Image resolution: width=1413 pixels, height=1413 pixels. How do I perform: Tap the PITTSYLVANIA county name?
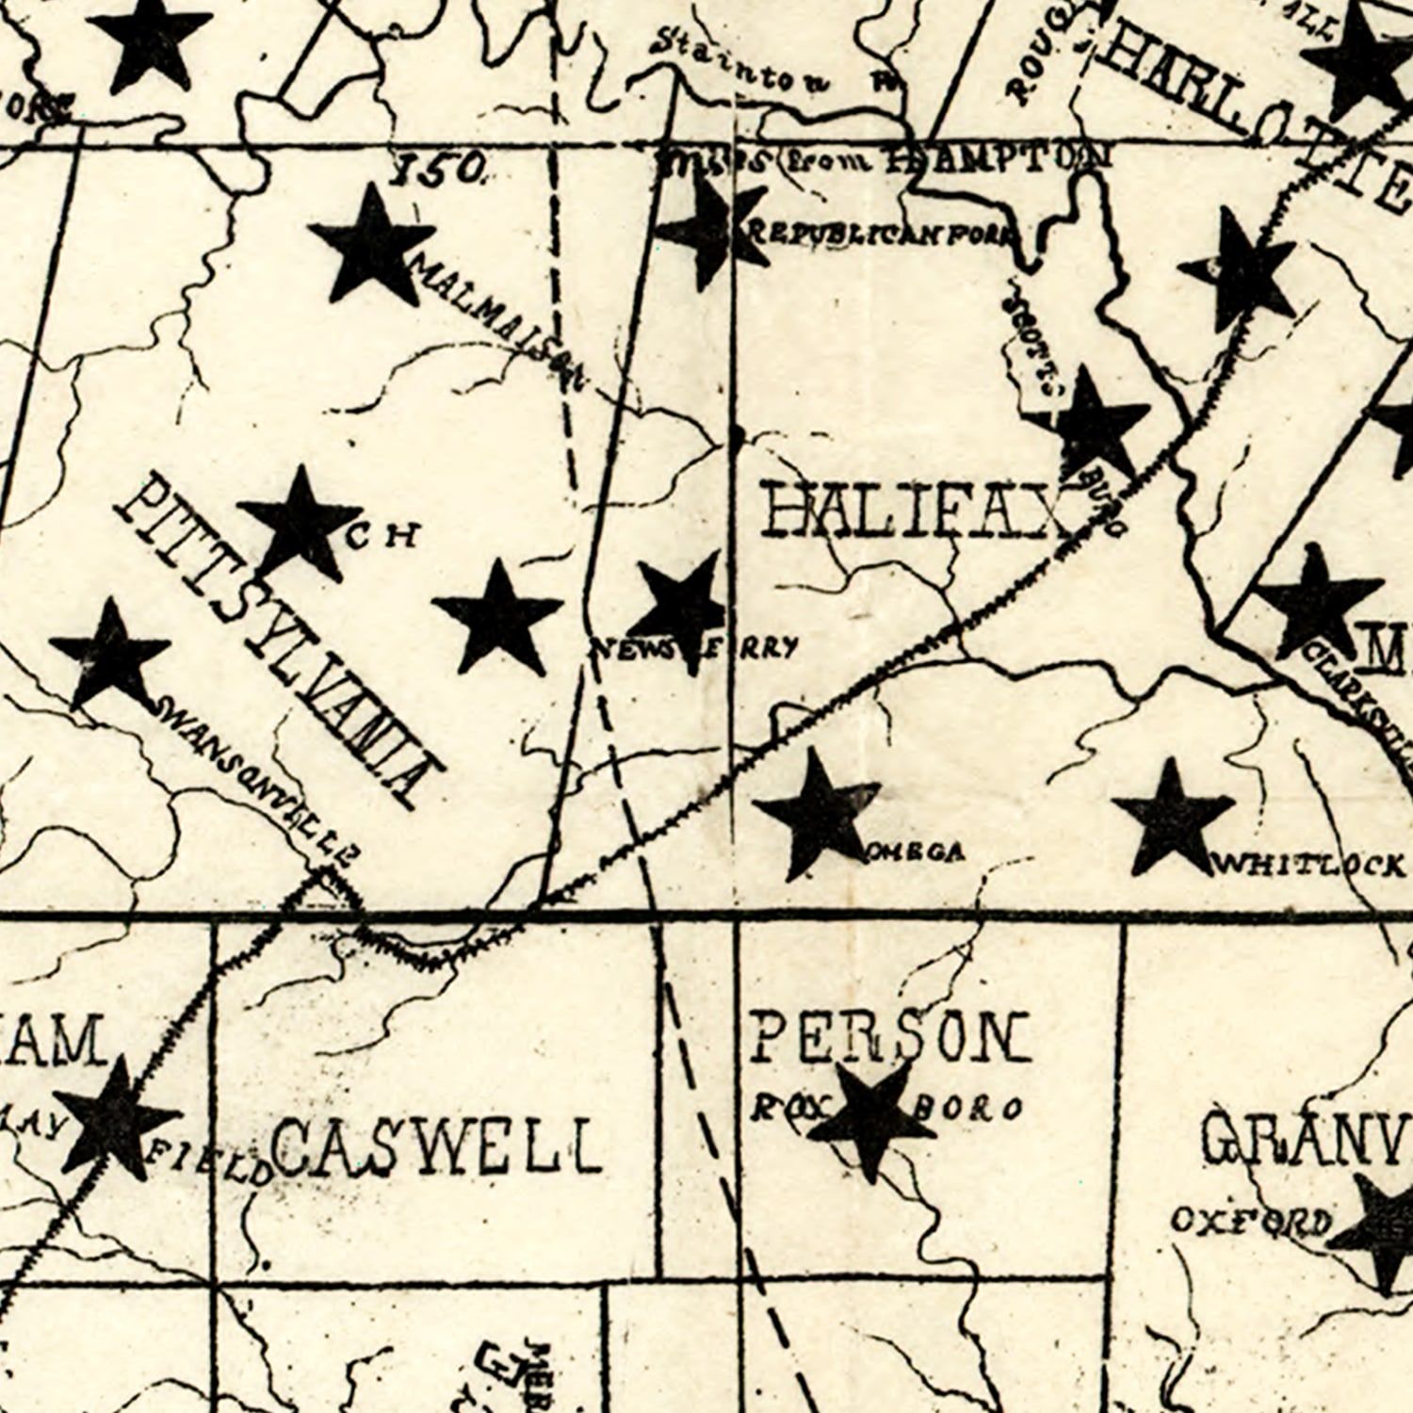(x=278, y=641)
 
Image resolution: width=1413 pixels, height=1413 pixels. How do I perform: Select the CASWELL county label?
(x=435, y=1146)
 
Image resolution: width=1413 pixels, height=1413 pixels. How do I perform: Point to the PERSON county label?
(x=888, y=1037)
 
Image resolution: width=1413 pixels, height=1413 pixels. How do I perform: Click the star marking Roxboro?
(x=870, y=1116)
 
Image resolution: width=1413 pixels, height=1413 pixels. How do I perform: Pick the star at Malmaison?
(x=371, y=245)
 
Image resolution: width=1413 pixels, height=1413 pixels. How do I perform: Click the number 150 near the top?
(x=439, y=170)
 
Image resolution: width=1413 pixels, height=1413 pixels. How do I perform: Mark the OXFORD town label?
(x=1251, y=1222)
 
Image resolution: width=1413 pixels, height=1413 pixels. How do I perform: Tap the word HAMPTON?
(x=999, y=158)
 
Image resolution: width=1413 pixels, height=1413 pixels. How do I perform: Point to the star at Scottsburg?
(x=1091, y=422)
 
